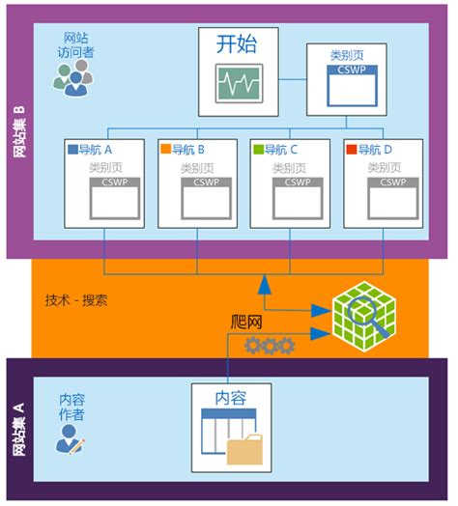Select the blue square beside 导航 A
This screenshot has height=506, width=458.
(x=72, y=150)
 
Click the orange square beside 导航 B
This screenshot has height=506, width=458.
(x=165, y=150)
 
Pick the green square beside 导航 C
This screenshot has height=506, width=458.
(x=257, y=150)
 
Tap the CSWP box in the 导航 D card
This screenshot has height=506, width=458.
(x=393, y=198)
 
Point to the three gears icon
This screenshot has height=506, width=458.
(x=269, y=346)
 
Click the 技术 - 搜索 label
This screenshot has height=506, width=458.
(x=76, y=299)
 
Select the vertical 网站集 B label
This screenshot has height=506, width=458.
(x=19, y=132)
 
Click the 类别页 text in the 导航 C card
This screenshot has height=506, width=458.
(x=292, y=167)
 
